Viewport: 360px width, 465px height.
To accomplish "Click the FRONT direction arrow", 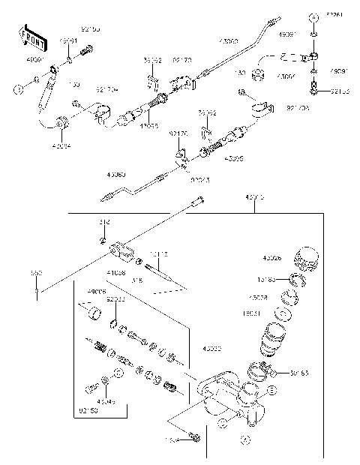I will pyautogui.click(x=29, y=36).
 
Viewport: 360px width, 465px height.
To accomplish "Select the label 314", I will pyautogui.click(x=104, y=223).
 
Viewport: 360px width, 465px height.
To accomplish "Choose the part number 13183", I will pyautogui.click(x=266, y=279).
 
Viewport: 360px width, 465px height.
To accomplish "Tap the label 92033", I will pyautogui.click(x=116, y=298).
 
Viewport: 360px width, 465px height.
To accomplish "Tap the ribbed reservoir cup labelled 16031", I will pyautogui.click(x=272, y=340).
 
